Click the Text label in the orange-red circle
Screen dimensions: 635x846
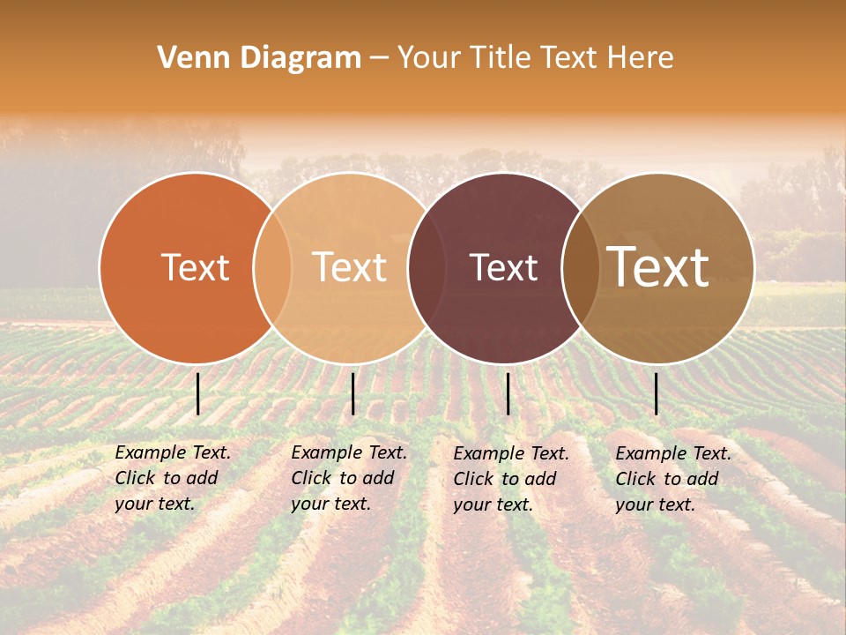coord(195,267)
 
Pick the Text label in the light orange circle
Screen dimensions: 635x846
coord(349,267)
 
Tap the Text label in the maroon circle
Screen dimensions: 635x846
coord(503,267)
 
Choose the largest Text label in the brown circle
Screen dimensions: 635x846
coord(657,267)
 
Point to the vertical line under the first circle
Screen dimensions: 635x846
coord(198,393)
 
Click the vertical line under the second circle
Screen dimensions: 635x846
coord(352,393)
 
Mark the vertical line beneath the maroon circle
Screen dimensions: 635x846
coord(508,393)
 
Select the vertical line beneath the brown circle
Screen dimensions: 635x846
coord(657,393)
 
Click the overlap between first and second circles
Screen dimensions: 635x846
coord(272,268)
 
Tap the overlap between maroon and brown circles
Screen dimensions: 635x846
coord(581,268)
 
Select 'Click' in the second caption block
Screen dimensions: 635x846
coord(311,478)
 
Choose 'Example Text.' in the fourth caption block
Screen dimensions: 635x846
coord(673,453)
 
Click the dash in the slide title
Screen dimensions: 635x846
coord(379,58)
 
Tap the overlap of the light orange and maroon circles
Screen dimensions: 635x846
coord(427,268)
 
